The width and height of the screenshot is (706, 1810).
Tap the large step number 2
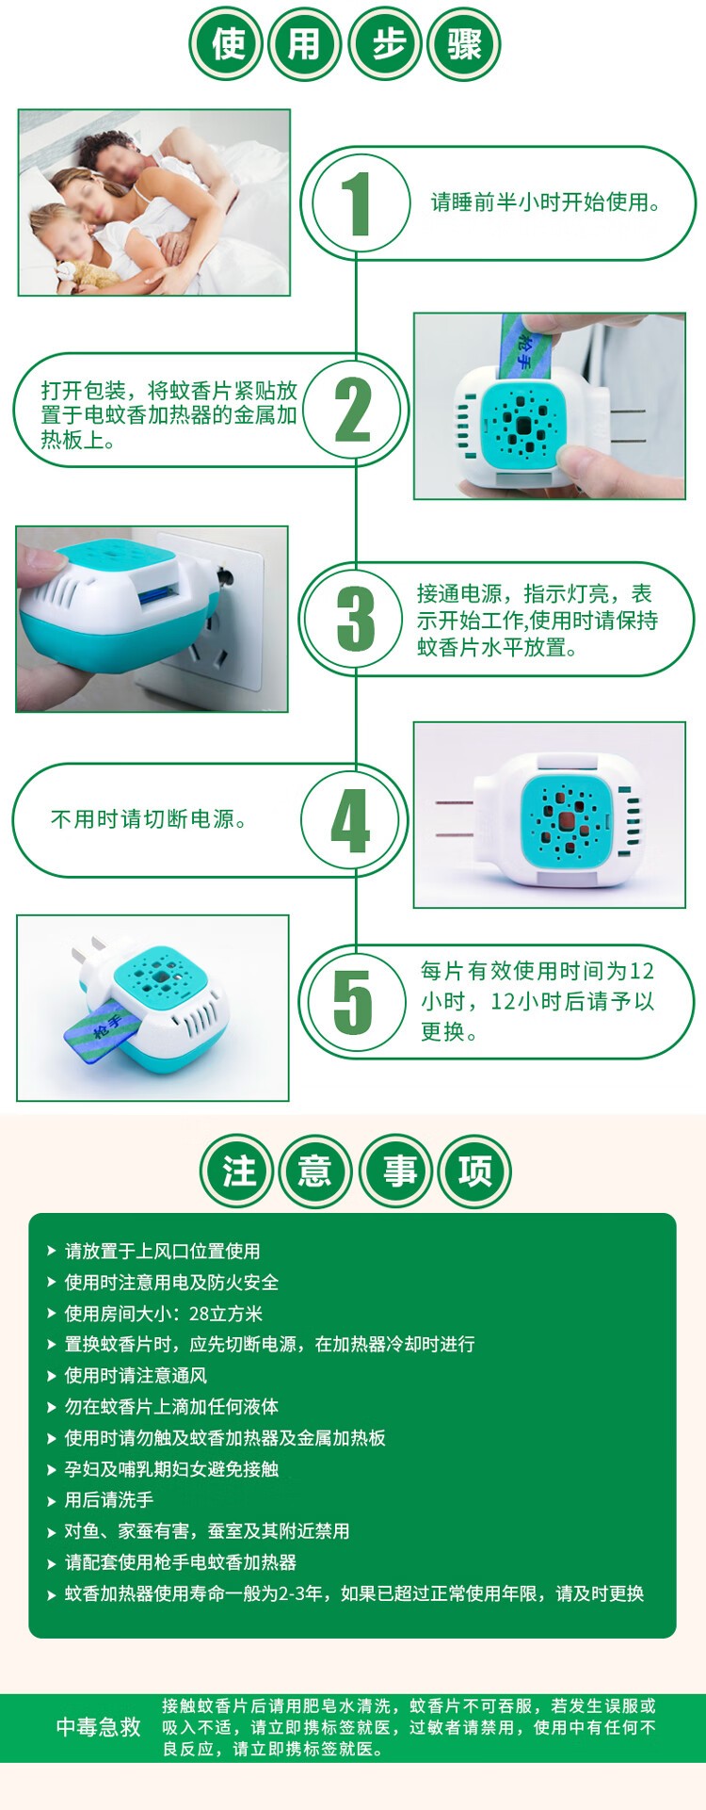(354, 410)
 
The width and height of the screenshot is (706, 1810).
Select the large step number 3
(356, 619)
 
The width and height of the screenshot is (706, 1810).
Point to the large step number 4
(351, 821)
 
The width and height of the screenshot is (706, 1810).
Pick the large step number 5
(353, 1002)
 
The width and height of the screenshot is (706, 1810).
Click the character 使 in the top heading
(228, 43)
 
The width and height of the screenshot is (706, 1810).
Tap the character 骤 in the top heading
(464, 43)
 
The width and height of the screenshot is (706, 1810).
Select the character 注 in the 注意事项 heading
(238, 1172)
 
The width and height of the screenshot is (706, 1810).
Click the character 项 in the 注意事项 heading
(474, 1172)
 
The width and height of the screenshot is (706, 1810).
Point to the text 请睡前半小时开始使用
(546, 202)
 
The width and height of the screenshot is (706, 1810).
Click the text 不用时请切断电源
(149, 819)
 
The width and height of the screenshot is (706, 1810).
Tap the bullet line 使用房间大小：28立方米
(163, 1314)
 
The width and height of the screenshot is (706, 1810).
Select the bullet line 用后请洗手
(108, 1500)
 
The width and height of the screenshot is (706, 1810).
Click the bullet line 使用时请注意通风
(136, 1376)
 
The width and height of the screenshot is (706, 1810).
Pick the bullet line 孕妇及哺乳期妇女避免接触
(171, 1469)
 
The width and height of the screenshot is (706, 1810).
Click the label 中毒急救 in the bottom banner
(98, 1726)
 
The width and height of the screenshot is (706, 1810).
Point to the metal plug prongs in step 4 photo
(454, 818)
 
